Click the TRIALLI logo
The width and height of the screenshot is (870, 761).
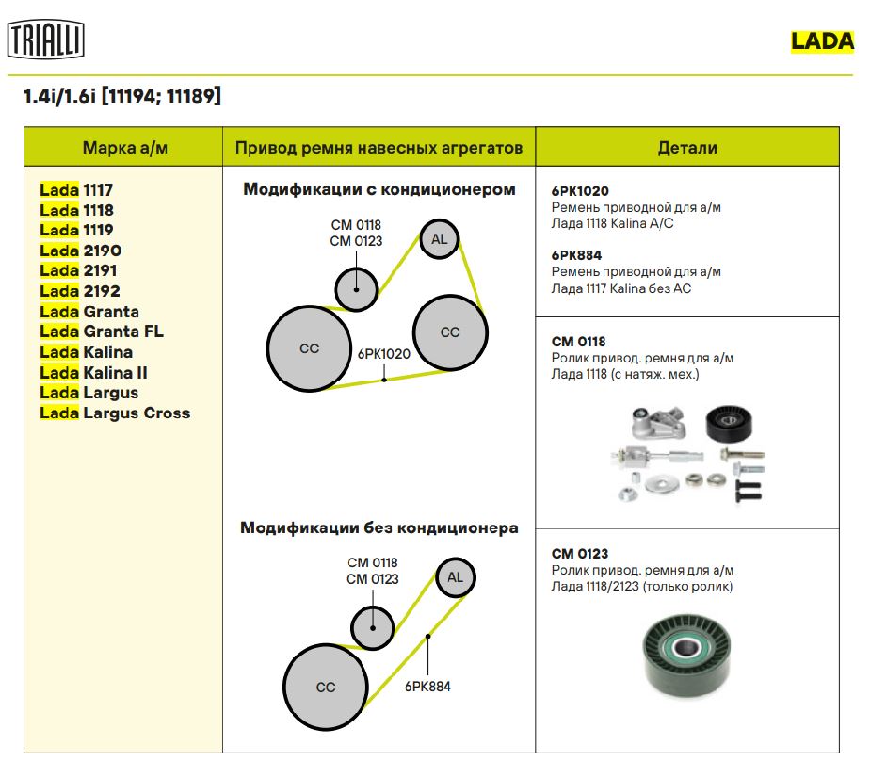[46, 40]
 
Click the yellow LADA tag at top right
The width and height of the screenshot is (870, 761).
[822, 40]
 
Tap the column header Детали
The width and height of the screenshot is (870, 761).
[686, 148]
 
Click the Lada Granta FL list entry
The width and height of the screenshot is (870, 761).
[102, 332]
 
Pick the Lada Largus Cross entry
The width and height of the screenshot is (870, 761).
[115, 413]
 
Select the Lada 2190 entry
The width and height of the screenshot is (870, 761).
[81, 251]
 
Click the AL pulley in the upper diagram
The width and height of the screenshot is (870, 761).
[439, 238]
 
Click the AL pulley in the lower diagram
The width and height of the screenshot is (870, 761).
[455, 576]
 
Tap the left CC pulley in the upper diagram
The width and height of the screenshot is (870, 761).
[309, 348]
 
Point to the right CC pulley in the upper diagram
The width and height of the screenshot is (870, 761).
[450, 332]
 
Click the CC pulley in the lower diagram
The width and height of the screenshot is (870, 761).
[325, 687]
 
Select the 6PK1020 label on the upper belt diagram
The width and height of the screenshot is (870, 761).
[384, 355]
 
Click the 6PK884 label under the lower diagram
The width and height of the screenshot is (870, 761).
[427, 687]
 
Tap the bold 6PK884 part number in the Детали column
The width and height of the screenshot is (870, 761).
[576, 254]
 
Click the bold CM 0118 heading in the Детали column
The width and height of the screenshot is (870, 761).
[578, 341]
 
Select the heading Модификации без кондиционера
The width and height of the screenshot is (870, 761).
[379, 527]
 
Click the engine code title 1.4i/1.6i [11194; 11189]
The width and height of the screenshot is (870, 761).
[122, 96]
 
